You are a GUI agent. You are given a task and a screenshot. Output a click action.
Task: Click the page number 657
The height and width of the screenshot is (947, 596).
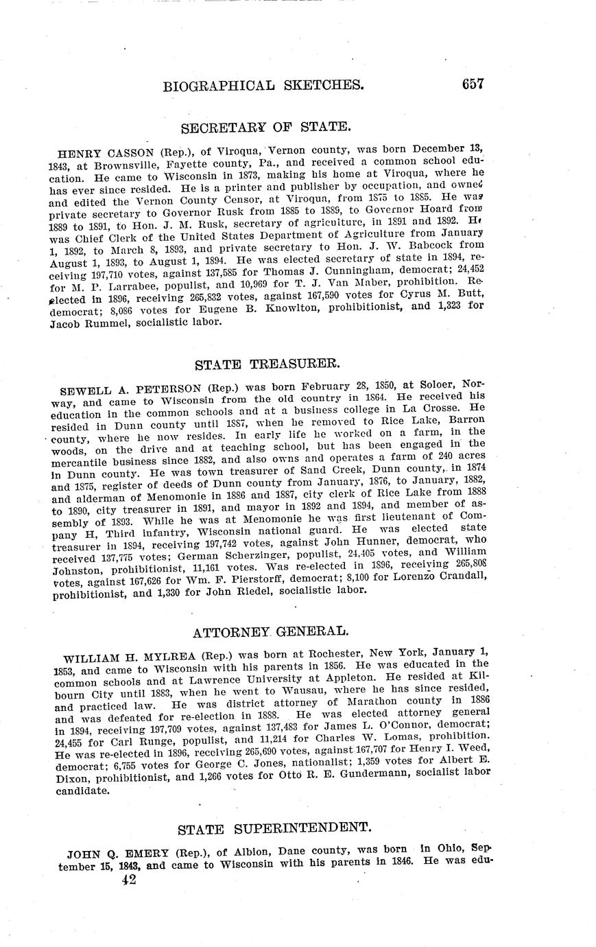(x=473, y=84)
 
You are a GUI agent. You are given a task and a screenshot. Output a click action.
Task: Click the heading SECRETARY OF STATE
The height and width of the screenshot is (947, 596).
(x=265, y=127)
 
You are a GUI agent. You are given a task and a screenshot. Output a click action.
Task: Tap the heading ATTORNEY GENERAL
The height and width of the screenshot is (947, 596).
(x=265, y=631)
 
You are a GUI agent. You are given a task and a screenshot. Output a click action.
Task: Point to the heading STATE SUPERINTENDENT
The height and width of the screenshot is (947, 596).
(x=265, y=829)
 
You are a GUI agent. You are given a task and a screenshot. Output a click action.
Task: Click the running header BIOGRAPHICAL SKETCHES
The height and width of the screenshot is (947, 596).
(x=263, y=86)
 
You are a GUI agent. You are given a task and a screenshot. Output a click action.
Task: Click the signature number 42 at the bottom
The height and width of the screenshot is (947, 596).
(x=127, y=880)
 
